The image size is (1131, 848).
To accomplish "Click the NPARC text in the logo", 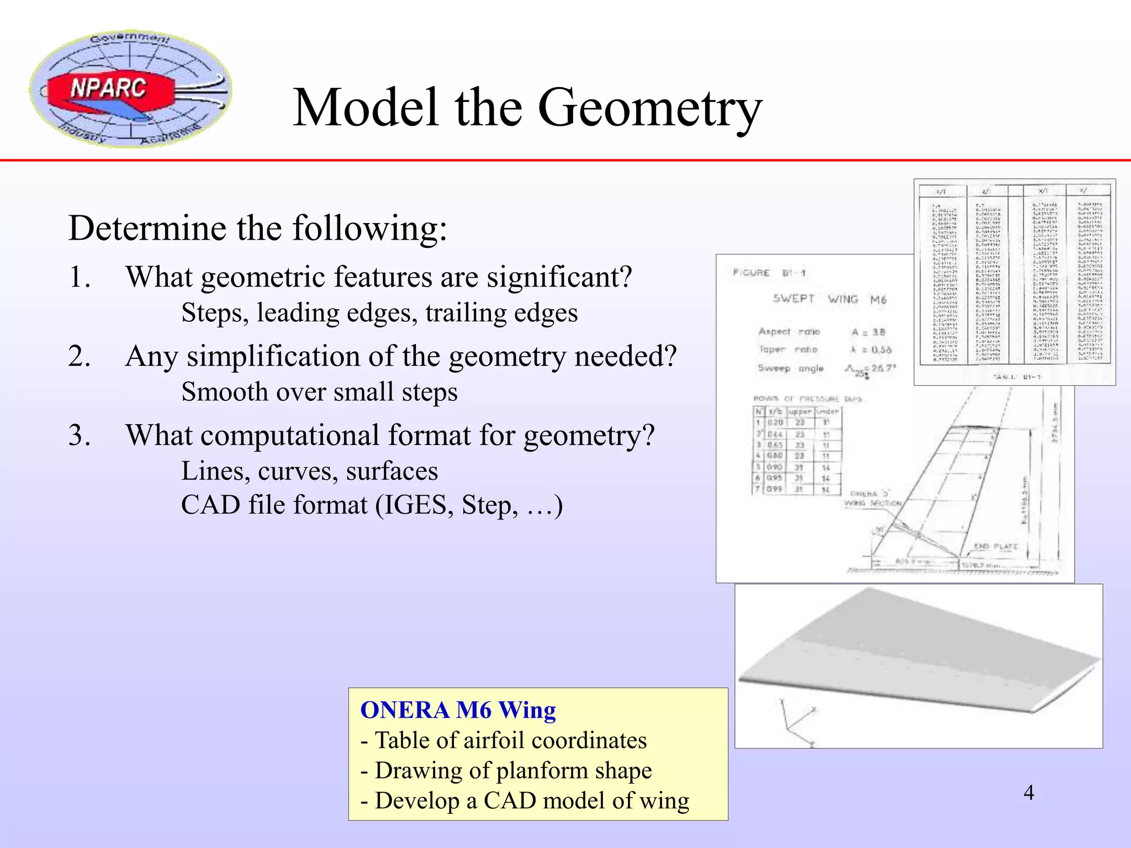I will (108, 88).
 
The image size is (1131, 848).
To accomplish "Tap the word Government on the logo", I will (130, 39).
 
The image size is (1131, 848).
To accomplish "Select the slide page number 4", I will (1028, 793).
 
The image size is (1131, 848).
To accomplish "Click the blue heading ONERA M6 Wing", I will (458, 710).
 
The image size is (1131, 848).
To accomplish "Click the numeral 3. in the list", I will (80, 435).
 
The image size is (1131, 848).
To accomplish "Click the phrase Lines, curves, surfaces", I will (309, 471).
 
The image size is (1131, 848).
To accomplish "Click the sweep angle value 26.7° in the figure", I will (884, 368).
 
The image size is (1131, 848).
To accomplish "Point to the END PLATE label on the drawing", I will (996, 547).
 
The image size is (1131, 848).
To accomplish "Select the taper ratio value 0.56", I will (881, 349).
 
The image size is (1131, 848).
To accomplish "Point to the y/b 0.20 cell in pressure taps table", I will (776, 423).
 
